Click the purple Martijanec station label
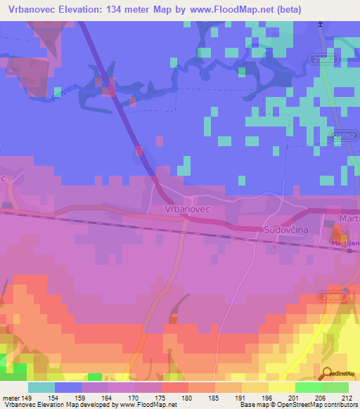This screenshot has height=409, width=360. (344, 244)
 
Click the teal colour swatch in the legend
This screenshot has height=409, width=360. (41, 387)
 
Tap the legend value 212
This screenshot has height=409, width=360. (346, 398)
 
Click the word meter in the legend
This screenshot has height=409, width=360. (10, 398)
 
